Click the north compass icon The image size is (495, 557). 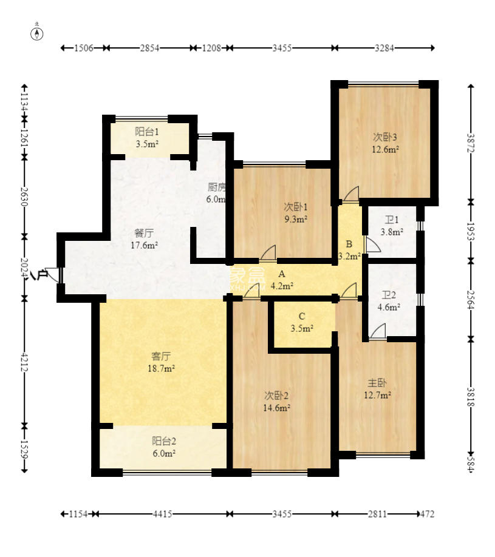click(x=37, y=33)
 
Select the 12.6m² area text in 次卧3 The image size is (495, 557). click(x=386, y=149)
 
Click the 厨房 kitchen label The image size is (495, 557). click(x=217, y=187)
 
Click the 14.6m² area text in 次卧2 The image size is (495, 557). click(x=276, y=408)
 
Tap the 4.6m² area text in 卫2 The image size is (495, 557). click(x=389, y=307)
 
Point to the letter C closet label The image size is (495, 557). click(x=301, y=316)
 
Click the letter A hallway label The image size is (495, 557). click(x=282, y=274)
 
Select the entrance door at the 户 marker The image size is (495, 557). click(x=54, y=275)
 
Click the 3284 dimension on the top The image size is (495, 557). click(x=384, y=48)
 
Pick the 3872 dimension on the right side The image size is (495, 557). click(x=471, y=143)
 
